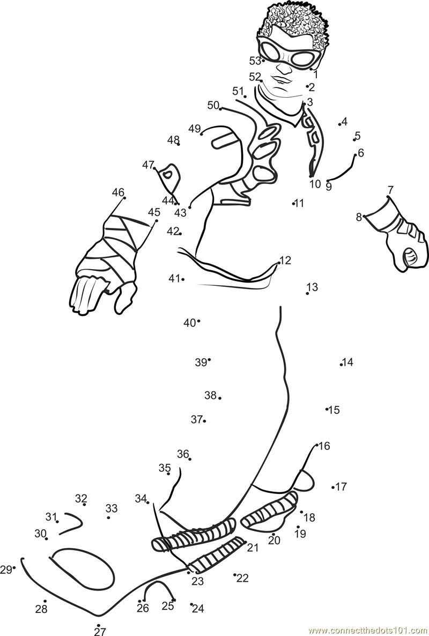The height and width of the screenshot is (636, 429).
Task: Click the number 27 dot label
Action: (x=100, y=631)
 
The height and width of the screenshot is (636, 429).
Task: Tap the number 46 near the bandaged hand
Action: (x=118, y=193)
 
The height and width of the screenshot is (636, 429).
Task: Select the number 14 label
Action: (x=348, y=363)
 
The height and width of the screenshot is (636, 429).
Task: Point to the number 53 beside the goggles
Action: (x=255, y=61)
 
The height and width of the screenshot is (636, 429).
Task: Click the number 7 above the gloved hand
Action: (x=390, y=190)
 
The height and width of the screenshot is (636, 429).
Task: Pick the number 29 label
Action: (x=6, y=570)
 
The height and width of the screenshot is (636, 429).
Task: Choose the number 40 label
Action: (x=189, y=323)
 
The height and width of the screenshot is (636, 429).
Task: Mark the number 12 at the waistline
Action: (x=285, y=261)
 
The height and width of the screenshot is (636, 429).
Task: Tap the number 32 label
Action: (x=81, y=499)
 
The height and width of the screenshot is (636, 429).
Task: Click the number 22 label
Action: (x=243, y=578)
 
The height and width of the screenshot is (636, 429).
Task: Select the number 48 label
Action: (x=173, y=140)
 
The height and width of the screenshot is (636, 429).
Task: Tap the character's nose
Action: (x=283, y=68)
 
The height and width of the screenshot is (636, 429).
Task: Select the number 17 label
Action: (x=341, y=487)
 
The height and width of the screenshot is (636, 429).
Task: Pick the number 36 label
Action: (x=183, y=454)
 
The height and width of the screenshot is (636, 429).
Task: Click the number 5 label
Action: (x=358, y=136)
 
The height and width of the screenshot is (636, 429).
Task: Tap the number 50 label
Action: (x=213, y=105)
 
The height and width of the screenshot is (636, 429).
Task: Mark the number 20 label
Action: (x=274, y=541)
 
